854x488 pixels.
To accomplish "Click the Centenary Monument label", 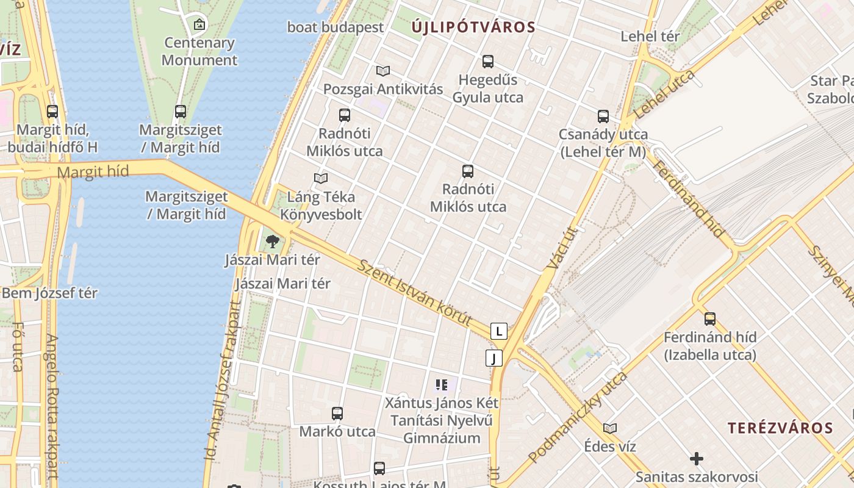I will coord(199,51).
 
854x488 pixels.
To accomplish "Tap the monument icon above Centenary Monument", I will coord(199,24).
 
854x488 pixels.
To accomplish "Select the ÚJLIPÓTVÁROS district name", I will coord(473,27).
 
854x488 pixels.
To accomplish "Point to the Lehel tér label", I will coord(650,37).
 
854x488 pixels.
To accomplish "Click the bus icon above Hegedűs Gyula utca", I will coord(488,62).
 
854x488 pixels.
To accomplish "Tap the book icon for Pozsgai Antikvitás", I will coord(383,71).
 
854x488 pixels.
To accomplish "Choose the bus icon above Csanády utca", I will coord(603,116).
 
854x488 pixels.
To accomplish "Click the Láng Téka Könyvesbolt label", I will coord(321,206).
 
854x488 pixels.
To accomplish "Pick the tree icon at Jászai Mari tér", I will coord(273,242).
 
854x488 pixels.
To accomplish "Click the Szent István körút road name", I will coord(415,293).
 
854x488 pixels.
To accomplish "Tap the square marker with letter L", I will coord(499,332).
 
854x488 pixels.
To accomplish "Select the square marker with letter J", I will coord(494,358).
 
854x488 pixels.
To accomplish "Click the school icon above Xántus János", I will coord(442,385).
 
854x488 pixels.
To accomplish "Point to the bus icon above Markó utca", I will coord(337,414).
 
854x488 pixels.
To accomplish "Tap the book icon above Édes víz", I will coord(610,428).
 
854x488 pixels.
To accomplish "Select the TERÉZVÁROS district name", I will coord(780,428).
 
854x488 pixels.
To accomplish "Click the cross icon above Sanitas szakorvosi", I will coord(697,458).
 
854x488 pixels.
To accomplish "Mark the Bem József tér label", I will coord(49,293).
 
